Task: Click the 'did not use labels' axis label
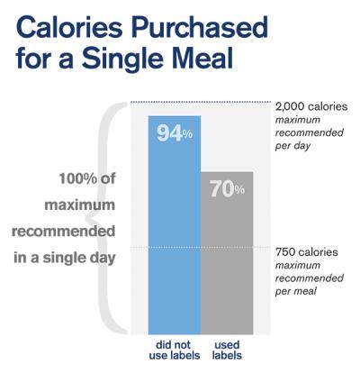[x=174, y=349]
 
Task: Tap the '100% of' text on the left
[x=87, y=179]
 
